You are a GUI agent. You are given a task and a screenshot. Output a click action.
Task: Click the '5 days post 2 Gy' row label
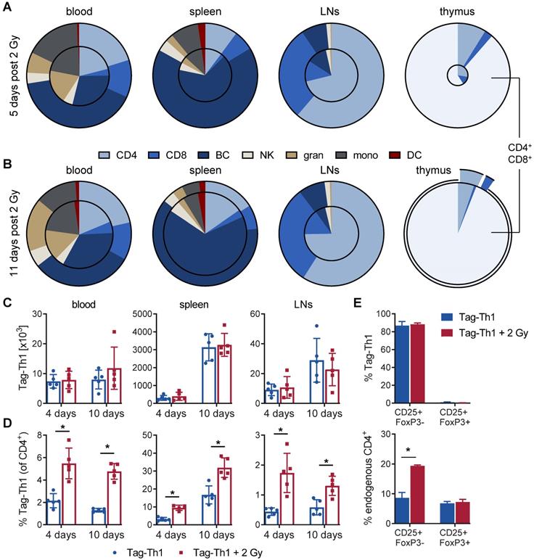point(15,72)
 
